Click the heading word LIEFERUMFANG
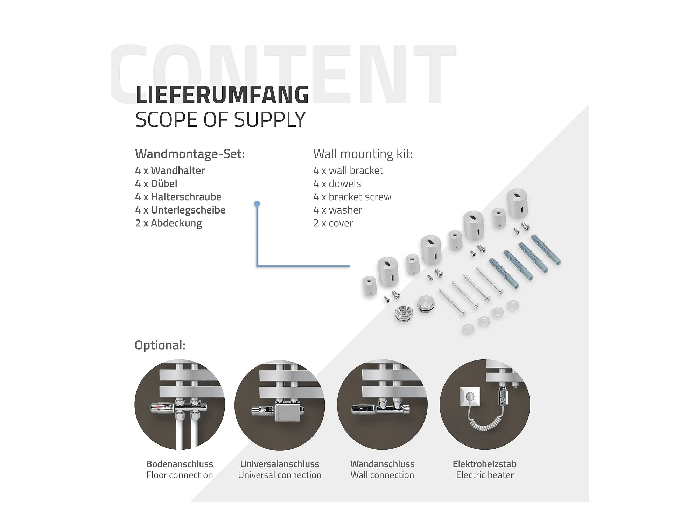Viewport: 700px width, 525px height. pos(222,94)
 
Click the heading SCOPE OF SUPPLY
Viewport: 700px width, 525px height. pos(220,120)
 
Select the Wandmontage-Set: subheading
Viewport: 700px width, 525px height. pos(190,154)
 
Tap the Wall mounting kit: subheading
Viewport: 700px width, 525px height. pos(363,154)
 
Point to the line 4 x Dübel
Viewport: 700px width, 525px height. pos(156,183)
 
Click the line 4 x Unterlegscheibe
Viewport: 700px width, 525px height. pos(180,210)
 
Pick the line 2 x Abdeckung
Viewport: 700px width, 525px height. pos(168,223)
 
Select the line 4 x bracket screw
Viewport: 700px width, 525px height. pos(352,197)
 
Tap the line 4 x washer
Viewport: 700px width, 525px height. pos(337,210)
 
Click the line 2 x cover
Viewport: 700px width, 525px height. pos(333,223)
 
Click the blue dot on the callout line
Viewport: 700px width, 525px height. pos(257,203)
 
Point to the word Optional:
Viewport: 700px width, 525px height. pos(160,345)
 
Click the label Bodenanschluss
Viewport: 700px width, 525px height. pos(180,464)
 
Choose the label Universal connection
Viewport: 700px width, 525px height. pos(280,475)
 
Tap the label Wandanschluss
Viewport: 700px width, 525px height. pos(382,464)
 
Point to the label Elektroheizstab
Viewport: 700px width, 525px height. pos(485,464)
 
